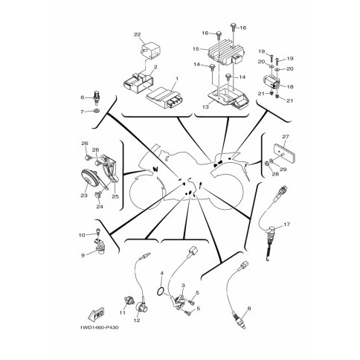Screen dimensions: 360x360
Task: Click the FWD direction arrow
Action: [x=96, y=314]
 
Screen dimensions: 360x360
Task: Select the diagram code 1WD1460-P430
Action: [x=99, y=327]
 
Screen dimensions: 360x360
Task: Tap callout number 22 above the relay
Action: [x=137, y=35]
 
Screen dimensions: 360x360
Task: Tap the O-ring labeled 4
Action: [x=160, y=292]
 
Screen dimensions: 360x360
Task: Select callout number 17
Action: [x=286, y=225]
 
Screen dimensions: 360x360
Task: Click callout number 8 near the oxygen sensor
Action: [x=249, y=309]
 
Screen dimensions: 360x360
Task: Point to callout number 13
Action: [x=205, y=107]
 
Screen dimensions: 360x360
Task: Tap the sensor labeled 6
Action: [x=96, y=98]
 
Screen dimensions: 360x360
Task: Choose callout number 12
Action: [x=137, y=320]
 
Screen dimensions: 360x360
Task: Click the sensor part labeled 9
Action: [x=100, y=247]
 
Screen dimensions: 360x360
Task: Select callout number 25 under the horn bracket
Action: [x=115, y=196]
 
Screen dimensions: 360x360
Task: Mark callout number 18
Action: [x=290, y=86]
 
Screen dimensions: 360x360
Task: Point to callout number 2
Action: [x=155, y=67]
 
